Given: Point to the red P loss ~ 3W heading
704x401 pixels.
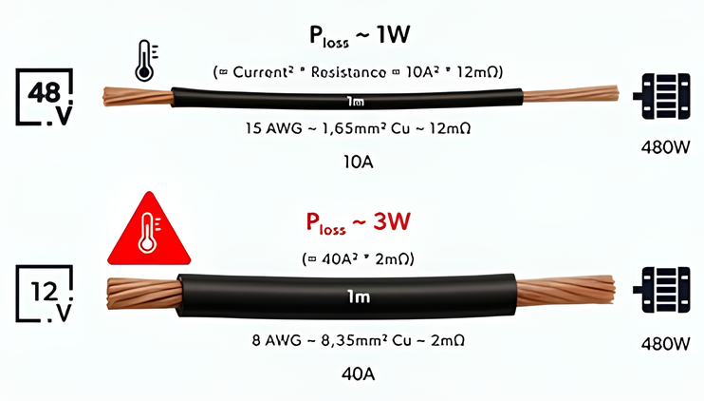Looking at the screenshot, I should click(359, 224).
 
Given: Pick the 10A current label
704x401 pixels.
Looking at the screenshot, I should click(357, 162).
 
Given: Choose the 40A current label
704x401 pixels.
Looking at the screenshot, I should click(357, 373).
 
